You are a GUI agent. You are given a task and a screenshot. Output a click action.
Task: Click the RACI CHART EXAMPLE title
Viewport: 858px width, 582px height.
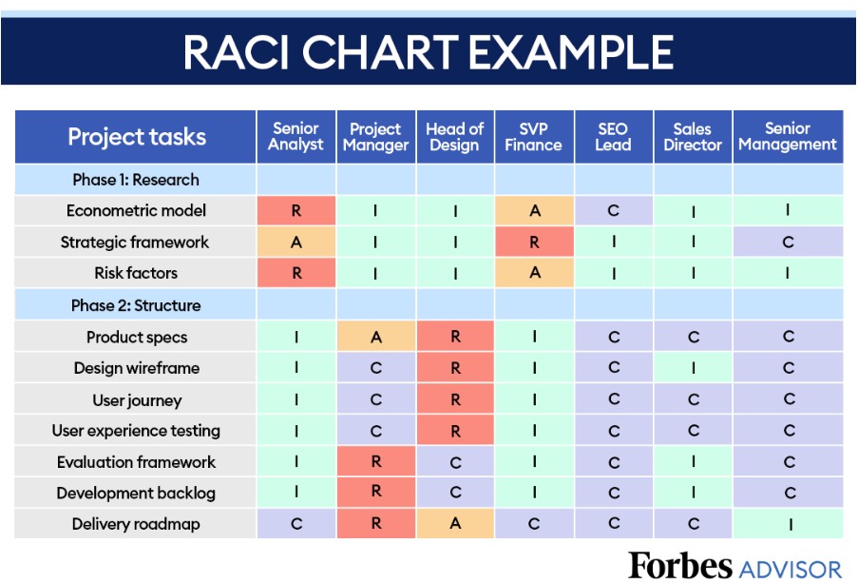tap(429, 52)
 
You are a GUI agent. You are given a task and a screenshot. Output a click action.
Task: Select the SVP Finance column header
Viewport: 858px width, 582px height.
tap(534, 137)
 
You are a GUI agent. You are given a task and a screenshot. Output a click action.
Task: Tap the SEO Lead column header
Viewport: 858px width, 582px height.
tap(614, 137)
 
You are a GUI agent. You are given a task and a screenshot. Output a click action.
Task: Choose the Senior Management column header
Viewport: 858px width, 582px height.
tap(788, 137)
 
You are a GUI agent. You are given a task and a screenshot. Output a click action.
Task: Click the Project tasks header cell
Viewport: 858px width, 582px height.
tap(136, 137)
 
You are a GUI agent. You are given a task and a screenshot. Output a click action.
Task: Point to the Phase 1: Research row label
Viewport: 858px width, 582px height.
tap(136, 180)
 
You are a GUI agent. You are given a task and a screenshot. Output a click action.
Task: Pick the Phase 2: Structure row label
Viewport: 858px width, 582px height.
tap(136, 305)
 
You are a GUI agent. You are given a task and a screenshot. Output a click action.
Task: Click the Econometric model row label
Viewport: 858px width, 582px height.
tap(136, 211)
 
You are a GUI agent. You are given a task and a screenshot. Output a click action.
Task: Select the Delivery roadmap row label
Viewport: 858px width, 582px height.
tap(136, 524)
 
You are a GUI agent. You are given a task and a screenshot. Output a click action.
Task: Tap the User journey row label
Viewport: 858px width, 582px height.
tap(137, 400)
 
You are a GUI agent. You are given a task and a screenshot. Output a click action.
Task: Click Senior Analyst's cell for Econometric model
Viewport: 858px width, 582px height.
tap(296, 211)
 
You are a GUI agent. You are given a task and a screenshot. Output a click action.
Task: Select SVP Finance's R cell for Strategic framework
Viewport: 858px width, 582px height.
tap(534, 242)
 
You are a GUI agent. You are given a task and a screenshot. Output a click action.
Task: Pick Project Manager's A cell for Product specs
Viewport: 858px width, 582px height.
tap(376, 336)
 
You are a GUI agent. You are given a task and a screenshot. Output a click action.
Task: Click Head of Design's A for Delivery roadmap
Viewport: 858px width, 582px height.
tap(455, 523)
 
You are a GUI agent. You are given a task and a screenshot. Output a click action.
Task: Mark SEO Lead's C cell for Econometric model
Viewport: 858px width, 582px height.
tap(614, 211)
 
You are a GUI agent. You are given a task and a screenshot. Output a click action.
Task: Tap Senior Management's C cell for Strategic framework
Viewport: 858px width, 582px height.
tap(788, 242)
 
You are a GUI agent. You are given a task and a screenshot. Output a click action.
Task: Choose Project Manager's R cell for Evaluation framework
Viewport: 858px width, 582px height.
tap(376, 461)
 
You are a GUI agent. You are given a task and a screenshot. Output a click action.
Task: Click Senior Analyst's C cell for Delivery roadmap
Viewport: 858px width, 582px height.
tap(296, 523)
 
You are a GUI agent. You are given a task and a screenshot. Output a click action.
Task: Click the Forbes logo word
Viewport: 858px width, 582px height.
tap(680, 565)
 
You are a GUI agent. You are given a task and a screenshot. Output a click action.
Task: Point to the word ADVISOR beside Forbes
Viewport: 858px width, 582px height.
tap(791, 569)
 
